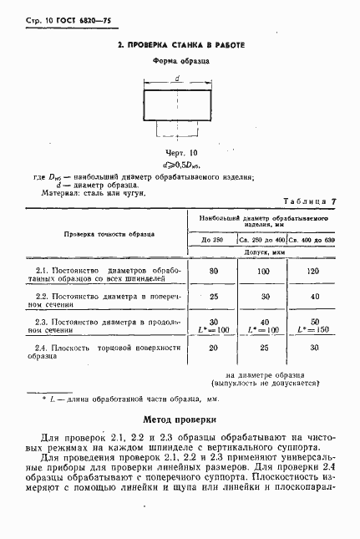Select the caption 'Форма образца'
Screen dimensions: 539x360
coord(180,61)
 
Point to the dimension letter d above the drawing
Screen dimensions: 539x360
coord(177,79)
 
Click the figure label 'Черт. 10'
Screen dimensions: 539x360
coord(180,153)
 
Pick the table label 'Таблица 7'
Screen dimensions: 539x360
coord(310,202)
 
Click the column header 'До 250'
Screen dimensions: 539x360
coord(213,240)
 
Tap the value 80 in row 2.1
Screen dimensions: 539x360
coord(213,272)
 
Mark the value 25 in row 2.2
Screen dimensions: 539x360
coord(213,297)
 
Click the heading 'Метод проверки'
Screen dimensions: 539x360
coord(180,420)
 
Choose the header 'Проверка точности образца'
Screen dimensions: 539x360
coord(104,234)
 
